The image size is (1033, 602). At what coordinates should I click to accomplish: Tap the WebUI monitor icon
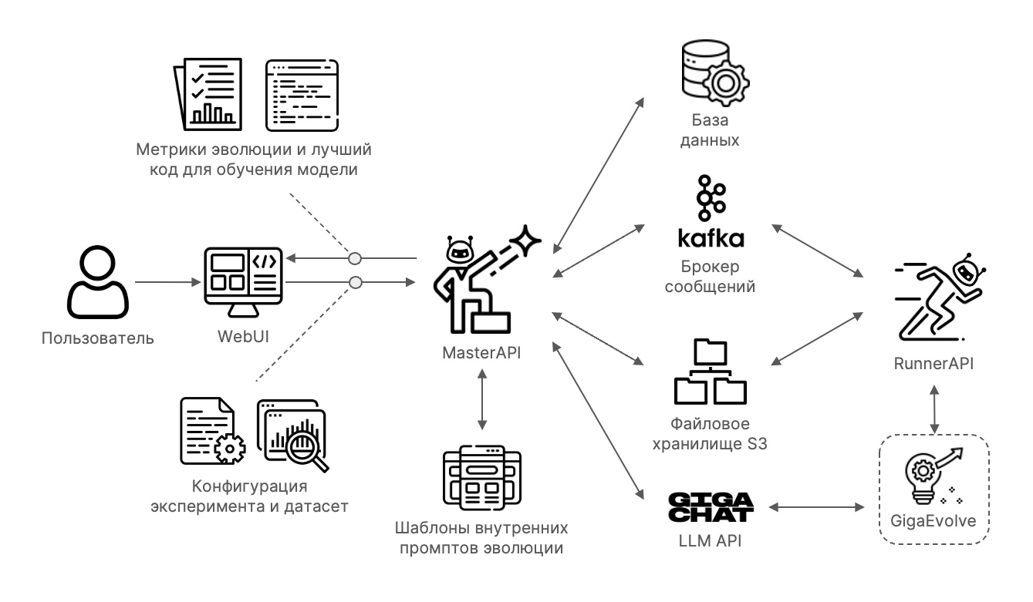[241, 281]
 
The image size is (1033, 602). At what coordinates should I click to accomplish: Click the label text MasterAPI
[481, 353]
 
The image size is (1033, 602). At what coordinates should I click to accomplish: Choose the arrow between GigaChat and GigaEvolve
[815, 506]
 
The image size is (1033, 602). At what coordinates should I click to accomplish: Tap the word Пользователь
[98, 338]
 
